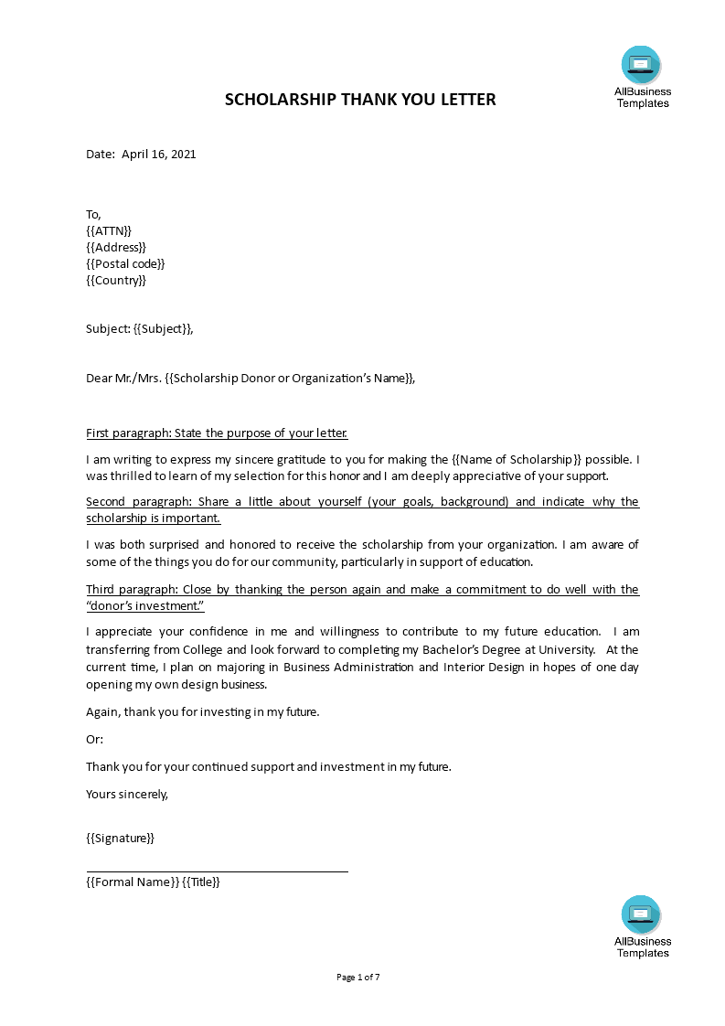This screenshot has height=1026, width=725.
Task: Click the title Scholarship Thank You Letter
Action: point(360,100)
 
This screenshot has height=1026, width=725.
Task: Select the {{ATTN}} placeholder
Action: point(109,230)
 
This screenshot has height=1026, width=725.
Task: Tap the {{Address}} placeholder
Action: point(116,247)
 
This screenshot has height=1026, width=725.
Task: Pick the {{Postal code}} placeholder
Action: point(125,263)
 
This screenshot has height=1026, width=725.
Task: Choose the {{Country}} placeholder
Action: point(116,280)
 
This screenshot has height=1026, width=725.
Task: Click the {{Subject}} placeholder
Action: point(163,329)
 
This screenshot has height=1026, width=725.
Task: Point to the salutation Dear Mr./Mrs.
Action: point(123,379)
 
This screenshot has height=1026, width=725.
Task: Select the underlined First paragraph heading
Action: point(217,433)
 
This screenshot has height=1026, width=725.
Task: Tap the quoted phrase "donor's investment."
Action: point(145,605)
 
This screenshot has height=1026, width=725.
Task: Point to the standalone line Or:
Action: point(95,739)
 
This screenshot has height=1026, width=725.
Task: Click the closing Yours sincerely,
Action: point(127,794)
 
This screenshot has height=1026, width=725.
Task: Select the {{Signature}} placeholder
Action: point(120,838)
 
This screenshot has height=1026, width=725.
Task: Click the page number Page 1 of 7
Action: point(358,977)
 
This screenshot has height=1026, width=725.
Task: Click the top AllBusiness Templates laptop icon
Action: point(641,65)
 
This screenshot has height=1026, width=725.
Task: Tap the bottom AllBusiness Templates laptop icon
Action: point(641,914)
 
